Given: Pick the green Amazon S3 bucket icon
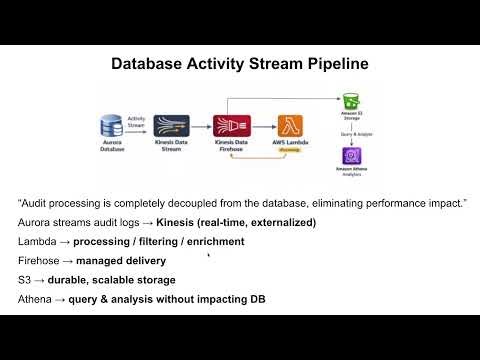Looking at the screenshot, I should pos(350,101).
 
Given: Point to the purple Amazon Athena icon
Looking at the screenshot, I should pos(350,157).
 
